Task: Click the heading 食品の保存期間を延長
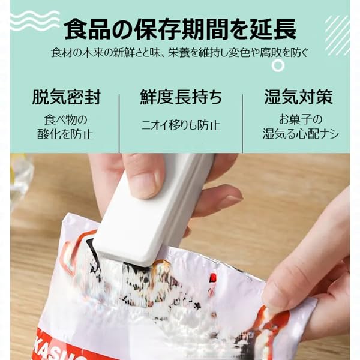(179, 29)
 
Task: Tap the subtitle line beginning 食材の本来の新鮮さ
(179, 53)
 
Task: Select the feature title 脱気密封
(66, 97)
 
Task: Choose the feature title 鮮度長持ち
(181, 97)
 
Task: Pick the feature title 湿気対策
(298, 97)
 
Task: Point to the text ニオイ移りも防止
(181, 126)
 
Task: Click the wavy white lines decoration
(35, 22)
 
